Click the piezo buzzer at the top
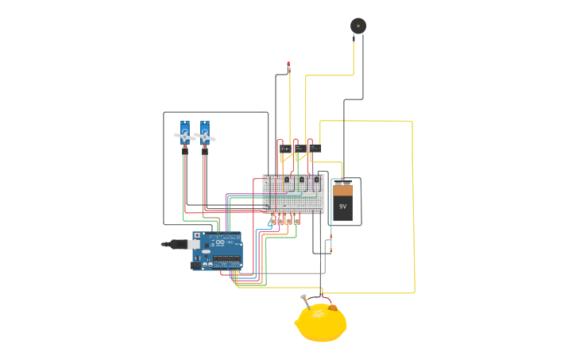[358, 25]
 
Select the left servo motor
[184, 134]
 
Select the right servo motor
[204, 134]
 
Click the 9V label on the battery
[342, 207]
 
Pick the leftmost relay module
[284, 149]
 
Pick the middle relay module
[300, 149]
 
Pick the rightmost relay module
[315, 148]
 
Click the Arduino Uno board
[219, 250]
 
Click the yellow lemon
[321, 324]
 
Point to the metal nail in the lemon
[304, 300]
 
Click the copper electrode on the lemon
[332, 308]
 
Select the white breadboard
[293, 195]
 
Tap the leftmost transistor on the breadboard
[287, 180]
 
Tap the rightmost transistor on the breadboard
[316, 180]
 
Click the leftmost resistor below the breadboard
[271, 222]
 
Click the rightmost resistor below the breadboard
[297, 222]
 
